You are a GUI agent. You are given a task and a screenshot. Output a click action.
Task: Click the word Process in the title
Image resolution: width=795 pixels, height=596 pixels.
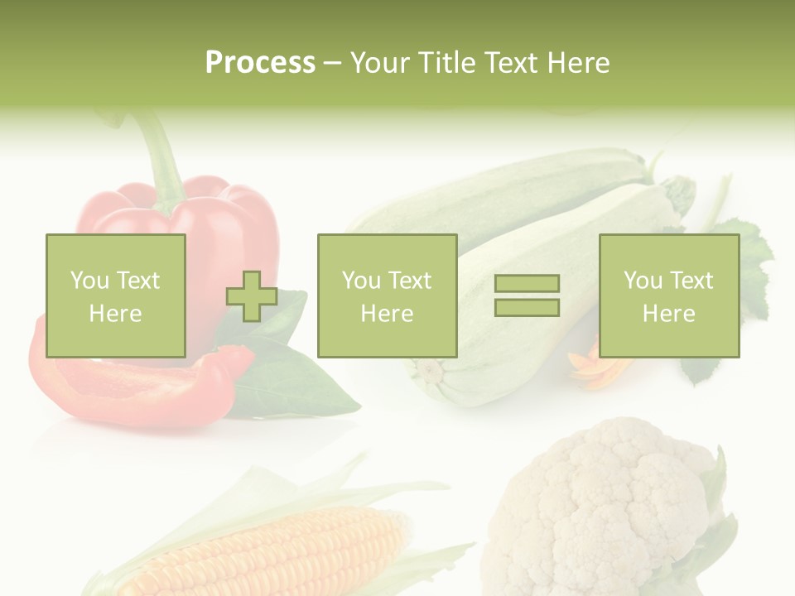(x=260, y=63)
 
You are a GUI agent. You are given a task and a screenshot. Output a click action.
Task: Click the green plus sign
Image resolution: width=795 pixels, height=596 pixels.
(x=252, y=296)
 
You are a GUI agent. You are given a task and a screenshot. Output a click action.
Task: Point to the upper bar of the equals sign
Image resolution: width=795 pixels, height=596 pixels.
(x=527, y=283)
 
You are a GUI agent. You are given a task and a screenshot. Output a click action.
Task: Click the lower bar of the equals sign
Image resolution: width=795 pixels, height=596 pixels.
(x=527, y=307)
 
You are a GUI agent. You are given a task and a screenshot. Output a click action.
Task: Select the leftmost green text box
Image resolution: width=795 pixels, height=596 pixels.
(x=116, y=296)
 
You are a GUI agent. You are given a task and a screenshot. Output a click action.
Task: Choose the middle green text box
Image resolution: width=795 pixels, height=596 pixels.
(x=387, y=296)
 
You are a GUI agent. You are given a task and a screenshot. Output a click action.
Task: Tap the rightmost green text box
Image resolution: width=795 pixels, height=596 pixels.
(x=668, y=296)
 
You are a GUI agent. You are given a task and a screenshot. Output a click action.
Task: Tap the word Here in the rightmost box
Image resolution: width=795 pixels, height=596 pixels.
(x=668, y=313)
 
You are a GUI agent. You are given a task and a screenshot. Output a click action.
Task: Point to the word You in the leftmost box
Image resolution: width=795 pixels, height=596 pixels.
(x=89, y=280)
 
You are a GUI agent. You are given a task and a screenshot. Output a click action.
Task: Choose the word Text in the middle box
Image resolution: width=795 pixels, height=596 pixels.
(x=410, y=280)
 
